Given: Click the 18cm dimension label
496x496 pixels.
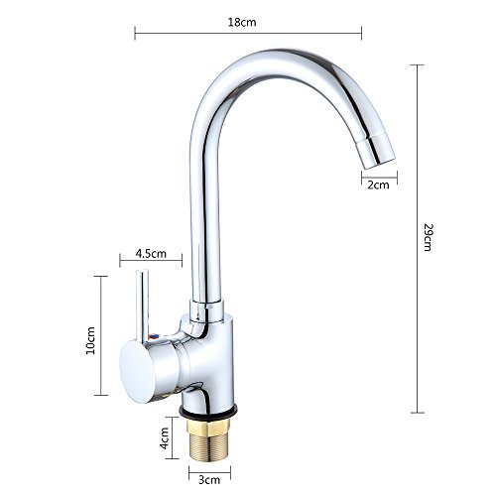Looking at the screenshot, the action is point(242,22).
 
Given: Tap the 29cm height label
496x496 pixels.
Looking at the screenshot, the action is point(429,237).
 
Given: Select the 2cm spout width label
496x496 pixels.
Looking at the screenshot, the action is point(378,185).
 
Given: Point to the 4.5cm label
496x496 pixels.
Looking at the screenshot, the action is point(151,254).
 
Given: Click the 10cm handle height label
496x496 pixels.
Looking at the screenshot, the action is point(90,340).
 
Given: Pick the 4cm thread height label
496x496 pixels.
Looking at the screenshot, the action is point(164,438).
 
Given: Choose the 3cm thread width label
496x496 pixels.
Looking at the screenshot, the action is point(209,480).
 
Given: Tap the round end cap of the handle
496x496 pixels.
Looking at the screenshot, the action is point(137,372).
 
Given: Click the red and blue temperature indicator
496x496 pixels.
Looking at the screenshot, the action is point(154,337).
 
